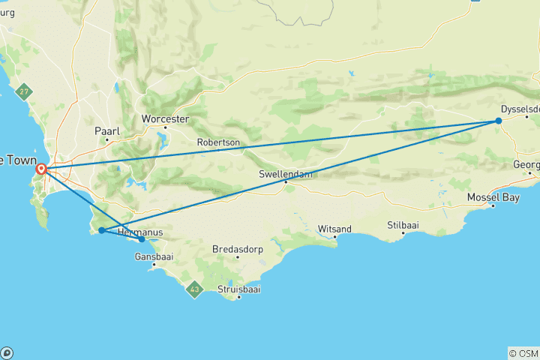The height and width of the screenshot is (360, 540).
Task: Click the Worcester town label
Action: (165, 119)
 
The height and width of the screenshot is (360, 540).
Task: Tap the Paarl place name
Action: (107, 130)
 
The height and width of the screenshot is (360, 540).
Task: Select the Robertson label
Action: (218, 142)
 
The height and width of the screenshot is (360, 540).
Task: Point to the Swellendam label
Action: (285, 174)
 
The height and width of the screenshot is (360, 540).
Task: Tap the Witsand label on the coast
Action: (335, 228)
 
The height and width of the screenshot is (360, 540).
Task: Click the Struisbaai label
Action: (238, 288)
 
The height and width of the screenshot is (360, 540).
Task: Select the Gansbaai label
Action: (154, 256)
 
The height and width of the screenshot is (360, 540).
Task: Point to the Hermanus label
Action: (140, 232)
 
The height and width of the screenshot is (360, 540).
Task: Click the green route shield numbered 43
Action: (195, 289)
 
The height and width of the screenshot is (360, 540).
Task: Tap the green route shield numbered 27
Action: (25, 91)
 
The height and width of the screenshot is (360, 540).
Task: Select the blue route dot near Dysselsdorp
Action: (498, 121)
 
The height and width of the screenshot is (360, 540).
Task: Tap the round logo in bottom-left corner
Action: (6, 352)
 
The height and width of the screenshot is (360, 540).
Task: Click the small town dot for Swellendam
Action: (286, 181)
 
